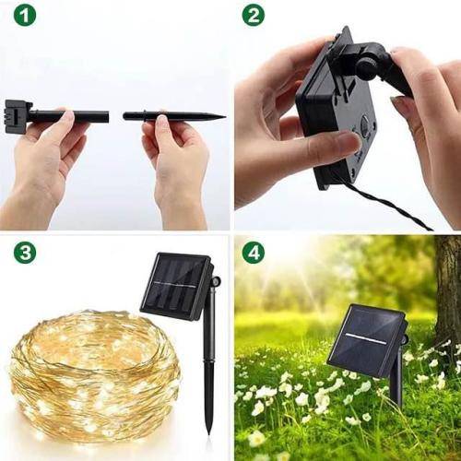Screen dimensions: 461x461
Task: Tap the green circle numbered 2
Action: (x=253, y=17)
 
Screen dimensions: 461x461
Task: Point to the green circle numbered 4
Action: (x=253, y=252)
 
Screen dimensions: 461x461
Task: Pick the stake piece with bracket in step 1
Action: (x=65, y=116)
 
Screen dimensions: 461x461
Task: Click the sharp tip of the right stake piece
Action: (x=222, y=117)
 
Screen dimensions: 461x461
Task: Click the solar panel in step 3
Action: (x=175, y=285)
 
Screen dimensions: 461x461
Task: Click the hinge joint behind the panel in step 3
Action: (x=215, y=278)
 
